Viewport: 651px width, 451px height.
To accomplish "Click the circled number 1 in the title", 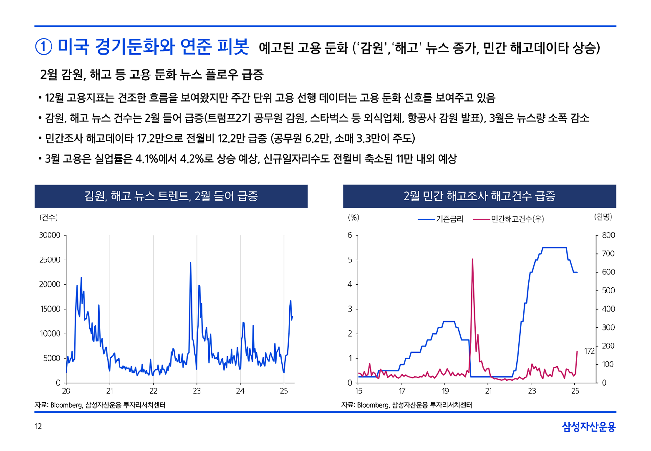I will coord(43,47).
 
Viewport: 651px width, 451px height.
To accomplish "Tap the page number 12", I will coord(38,426).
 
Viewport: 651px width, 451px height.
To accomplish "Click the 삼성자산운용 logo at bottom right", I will coord(588,427).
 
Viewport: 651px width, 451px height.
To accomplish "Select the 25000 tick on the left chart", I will coord(50,260).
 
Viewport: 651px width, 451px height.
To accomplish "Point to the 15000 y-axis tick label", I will coord(50,309).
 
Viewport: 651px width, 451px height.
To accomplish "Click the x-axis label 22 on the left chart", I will coord(153,391).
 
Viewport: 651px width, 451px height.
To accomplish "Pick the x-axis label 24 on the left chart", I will coord(240,391).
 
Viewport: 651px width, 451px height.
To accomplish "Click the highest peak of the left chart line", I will coord(191,263).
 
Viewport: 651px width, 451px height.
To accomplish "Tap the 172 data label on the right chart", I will coord(589,351).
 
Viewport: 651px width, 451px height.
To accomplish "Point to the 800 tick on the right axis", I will coord(608,235).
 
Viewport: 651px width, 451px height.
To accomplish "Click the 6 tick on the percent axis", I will coord(350,235).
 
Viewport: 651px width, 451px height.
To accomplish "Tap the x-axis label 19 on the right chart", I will coord(445,391).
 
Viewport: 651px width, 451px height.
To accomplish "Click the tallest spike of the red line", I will coord(472,259).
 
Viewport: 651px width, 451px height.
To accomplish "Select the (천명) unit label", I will coord(603,217).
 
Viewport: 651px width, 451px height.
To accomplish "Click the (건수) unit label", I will coord(49,218).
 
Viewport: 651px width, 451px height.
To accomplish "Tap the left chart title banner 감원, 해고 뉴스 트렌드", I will coord(171,196).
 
